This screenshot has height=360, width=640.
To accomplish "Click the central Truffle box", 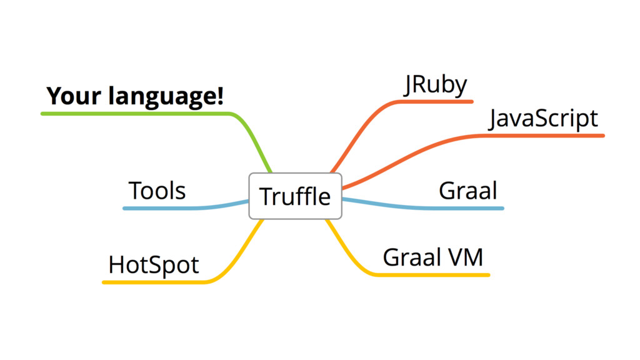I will point(295,196).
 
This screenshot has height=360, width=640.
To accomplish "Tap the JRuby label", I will point(436,85).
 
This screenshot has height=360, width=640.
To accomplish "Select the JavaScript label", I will point(543,118).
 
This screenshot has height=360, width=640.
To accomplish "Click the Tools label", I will point(157,191).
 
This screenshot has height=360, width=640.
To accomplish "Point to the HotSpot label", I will point(154,265).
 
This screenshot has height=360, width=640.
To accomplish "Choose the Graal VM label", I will point(433,257).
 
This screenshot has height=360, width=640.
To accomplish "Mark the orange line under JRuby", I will point(437,101).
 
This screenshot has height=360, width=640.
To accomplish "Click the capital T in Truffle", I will point(265,196).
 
